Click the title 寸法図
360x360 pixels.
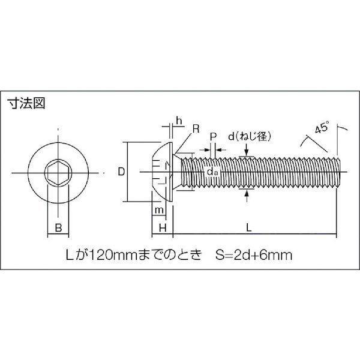26,104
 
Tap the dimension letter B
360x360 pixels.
59,228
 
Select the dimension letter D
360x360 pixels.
121,172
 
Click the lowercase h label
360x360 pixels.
179,121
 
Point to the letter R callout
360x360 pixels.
196,129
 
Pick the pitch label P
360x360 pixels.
213,137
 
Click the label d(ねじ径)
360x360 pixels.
250,137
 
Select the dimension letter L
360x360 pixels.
249,228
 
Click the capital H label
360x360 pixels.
163,228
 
